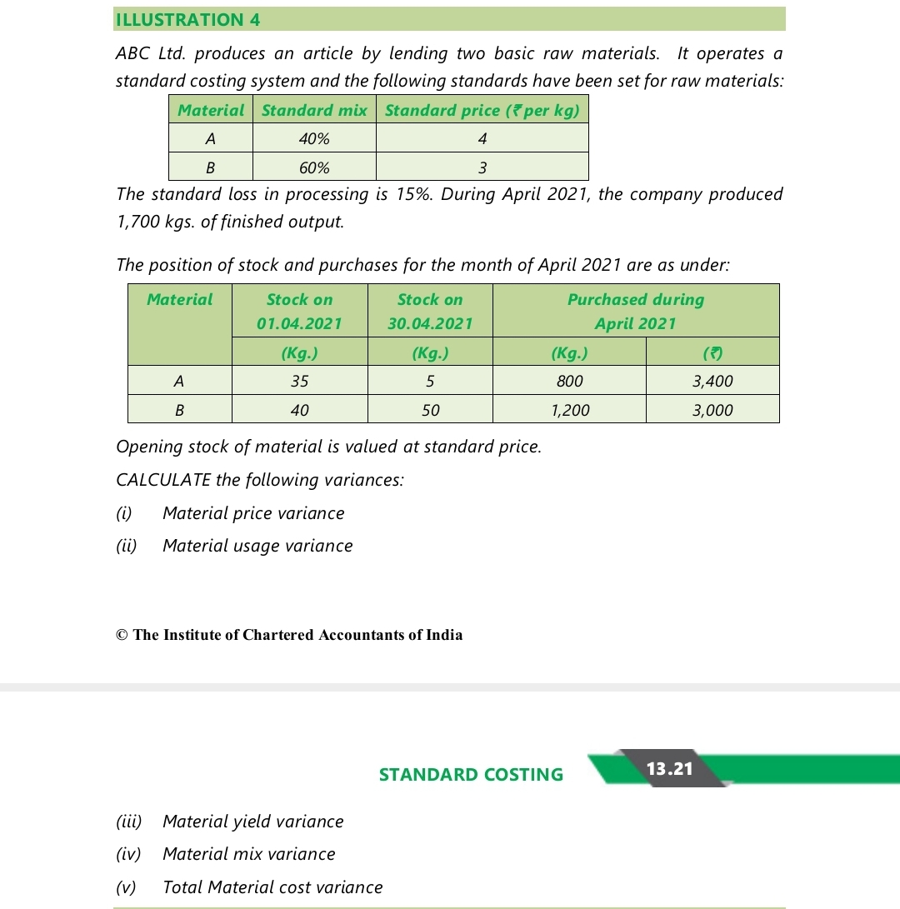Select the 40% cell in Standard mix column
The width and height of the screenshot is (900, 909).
[x=314, y=138]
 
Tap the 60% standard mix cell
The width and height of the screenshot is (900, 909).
[x=314, y=167]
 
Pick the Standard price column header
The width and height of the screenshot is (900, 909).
[x=482, y=111]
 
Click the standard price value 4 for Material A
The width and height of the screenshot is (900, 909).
[x=482, y=138]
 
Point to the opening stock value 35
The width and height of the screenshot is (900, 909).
[x=299, y=382]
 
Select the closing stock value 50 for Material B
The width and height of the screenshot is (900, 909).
[x=430, y=410]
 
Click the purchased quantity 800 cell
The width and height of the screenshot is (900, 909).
[x=569, y=382]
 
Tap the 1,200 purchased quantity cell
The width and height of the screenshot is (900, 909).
[x=569, y=410]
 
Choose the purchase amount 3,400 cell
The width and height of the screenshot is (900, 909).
[x=712, y=382]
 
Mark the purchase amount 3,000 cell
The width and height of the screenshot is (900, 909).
[x=712, y=410]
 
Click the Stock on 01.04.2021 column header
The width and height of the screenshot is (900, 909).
[x=299, y=311]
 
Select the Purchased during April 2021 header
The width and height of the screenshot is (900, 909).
[x=635, y=311]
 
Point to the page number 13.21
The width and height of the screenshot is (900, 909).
[x=670, y=768]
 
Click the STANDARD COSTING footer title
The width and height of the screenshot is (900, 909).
[x=471, y=775]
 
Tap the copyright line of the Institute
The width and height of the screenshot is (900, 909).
[x=289, y=635]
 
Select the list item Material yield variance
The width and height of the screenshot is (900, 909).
[x=252, y=822]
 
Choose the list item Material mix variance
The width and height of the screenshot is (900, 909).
[x=248, y=854]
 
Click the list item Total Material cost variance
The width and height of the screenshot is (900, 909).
[x=272, y=887]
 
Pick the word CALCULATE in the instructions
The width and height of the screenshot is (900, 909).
[x=162, y=480]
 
